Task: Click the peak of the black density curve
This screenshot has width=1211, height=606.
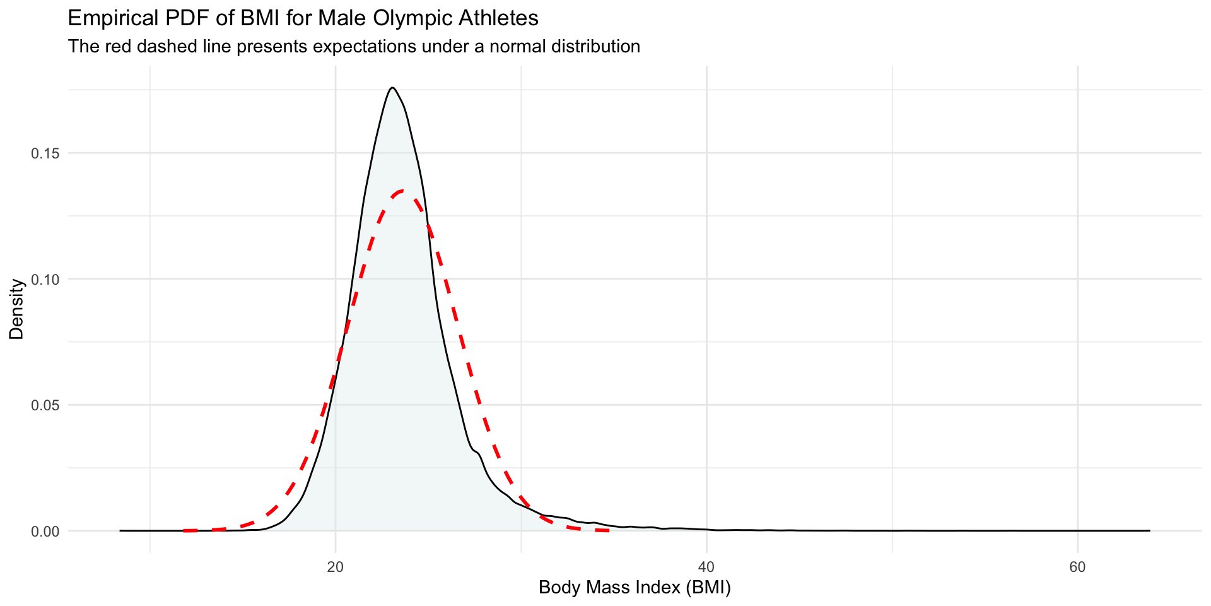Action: tap(392, 88)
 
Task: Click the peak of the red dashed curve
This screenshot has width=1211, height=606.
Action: tap(402, 191)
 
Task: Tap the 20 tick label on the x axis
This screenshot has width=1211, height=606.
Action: tap(335, 567)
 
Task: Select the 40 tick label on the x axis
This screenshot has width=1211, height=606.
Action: tap(706, 567)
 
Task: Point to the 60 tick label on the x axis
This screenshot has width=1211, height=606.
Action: tap(1077, 567)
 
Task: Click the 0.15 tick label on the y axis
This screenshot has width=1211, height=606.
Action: tap(45, 153)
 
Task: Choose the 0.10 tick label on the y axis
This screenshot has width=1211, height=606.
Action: tap(45, 279)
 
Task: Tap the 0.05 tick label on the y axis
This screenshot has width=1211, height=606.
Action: tap(45, 405)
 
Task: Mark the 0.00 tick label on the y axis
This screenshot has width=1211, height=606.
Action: tap(45, 531)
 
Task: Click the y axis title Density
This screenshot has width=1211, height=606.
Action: tap(16, 309)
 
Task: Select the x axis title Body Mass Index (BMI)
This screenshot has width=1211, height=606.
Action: tap(635, 588)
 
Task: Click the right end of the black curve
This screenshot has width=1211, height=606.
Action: tap(1149, 530)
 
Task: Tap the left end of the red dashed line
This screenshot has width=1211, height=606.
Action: tap(184, 530)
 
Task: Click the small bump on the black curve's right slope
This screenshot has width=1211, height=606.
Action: tap(477, 452)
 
